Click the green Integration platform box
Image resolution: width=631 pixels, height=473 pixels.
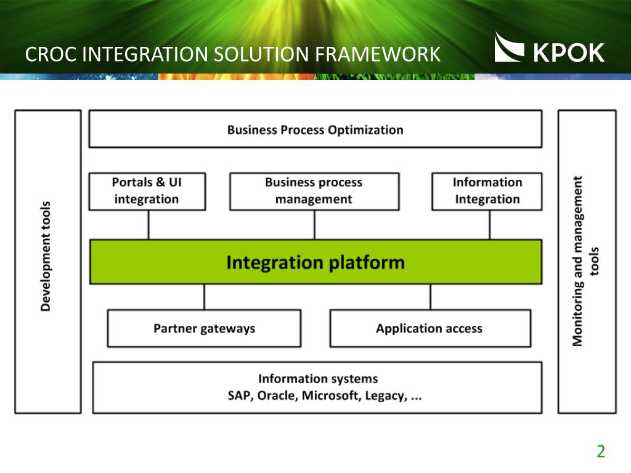(315, 262)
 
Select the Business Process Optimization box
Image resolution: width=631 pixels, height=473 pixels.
(315, 129)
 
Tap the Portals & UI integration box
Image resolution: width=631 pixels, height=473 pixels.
(147, 192)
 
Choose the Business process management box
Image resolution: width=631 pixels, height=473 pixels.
(314, 192)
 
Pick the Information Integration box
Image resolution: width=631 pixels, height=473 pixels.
(487, 192)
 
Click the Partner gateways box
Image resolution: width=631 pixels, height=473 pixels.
(204, 328)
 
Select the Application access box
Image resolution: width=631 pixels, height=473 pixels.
(430, 328)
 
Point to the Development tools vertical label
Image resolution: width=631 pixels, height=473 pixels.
(46, 256)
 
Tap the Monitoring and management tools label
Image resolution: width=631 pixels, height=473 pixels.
(585, 261)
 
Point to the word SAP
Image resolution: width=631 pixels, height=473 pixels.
(240, 396)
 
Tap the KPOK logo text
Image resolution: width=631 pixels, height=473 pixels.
(569, 52)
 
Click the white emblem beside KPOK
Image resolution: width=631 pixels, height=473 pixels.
(509, 47)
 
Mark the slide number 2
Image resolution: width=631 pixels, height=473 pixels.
(601, 451)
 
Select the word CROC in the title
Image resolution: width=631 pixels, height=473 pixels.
(51, 54)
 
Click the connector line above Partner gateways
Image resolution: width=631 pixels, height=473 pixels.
(204, 297)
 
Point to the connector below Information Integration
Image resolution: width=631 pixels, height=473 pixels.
(490, 225)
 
